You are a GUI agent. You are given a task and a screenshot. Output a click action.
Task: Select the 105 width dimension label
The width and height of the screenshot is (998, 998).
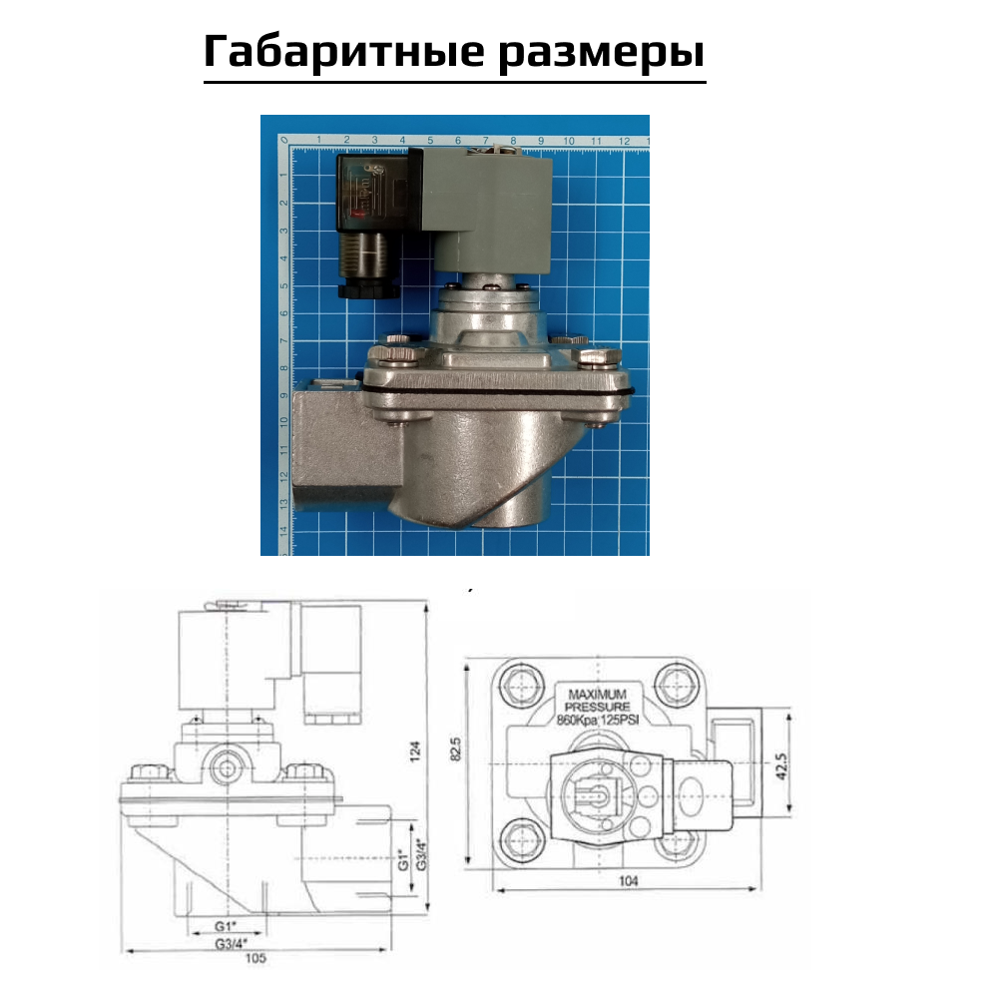pos(256,960)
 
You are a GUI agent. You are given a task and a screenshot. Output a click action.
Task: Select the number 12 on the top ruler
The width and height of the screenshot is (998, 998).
pos(623,141)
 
